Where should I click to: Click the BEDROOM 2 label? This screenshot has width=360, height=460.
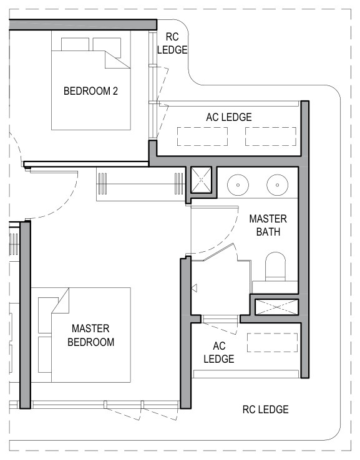(x=90, y=91)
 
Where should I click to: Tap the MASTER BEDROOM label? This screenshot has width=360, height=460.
(x=90, y=335)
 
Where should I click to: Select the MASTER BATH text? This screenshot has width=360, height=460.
(x=268, y=225)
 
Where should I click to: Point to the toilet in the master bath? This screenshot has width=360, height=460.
(x=275, y=266)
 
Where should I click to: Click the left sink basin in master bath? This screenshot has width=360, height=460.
(x=238, y=185)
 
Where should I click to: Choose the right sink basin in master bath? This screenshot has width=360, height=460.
(x=277, y=185)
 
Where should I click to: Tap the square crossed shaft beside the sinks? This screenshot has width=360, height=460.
(x=201, y=180)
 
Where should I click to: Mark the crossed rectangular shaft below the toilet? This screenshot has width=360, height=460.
(x=276, y=307)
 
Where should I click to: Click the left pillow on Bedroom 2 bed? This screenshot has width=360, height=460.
(x=75, y=44)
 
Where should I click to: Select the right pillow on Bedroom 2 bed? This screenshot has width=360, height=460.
(x=107, y=47)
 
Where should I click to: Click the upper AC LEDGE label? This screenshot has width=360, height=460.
(x=229, y=117)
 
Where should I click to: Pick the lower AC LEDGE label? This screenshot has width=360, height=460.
(x=219, y=352)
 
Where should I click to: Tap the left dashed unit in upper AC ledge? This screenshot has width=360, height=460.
(x=202, y=137)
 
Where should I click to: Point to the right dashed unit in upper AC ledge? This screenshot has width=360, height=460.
(x=270, y=137)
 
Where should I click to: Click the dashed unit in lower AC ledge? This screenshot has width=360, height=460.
(x=272, y=342)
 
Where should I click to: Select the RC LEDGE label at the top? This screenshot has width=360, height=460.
(x=172, y=43)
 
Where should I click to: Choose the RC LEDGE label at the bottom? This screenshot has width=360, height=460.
(x=265, y=410)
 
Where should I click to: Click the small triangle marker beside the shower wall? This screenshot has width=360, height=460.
(x=194, y=288)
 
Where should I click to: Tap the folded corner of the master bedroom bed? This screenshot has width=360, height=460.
(x=60, y=300)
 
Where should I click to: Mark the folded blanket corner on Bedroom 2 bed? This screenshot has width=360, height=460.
(x=117, y=60)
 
